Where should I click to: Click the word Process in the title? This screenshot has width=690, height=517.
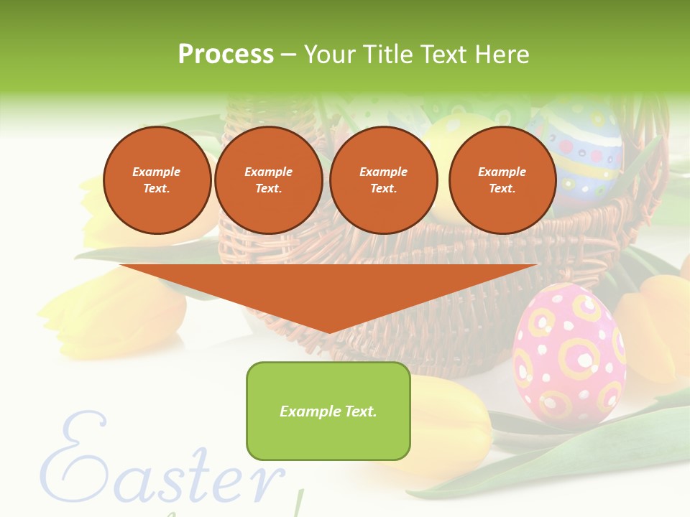point(226,55)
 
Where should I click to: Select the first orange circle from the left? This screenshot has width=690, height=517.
point(157,180)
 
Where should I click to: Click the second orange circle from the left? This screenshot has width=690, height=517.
point(268,180)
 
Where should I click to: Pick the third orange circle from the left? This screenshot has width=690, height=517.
point(383,180)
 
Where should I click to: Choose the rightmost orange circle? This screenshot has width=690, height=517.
point(502,180)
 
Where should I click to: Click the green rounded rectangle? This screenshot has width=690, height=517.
point(328,431)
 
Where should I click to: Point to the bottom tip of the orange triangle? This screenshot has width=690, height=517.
point(329,332)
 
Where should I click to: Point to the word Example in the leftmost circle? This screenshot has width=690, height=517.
point(157,172)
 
